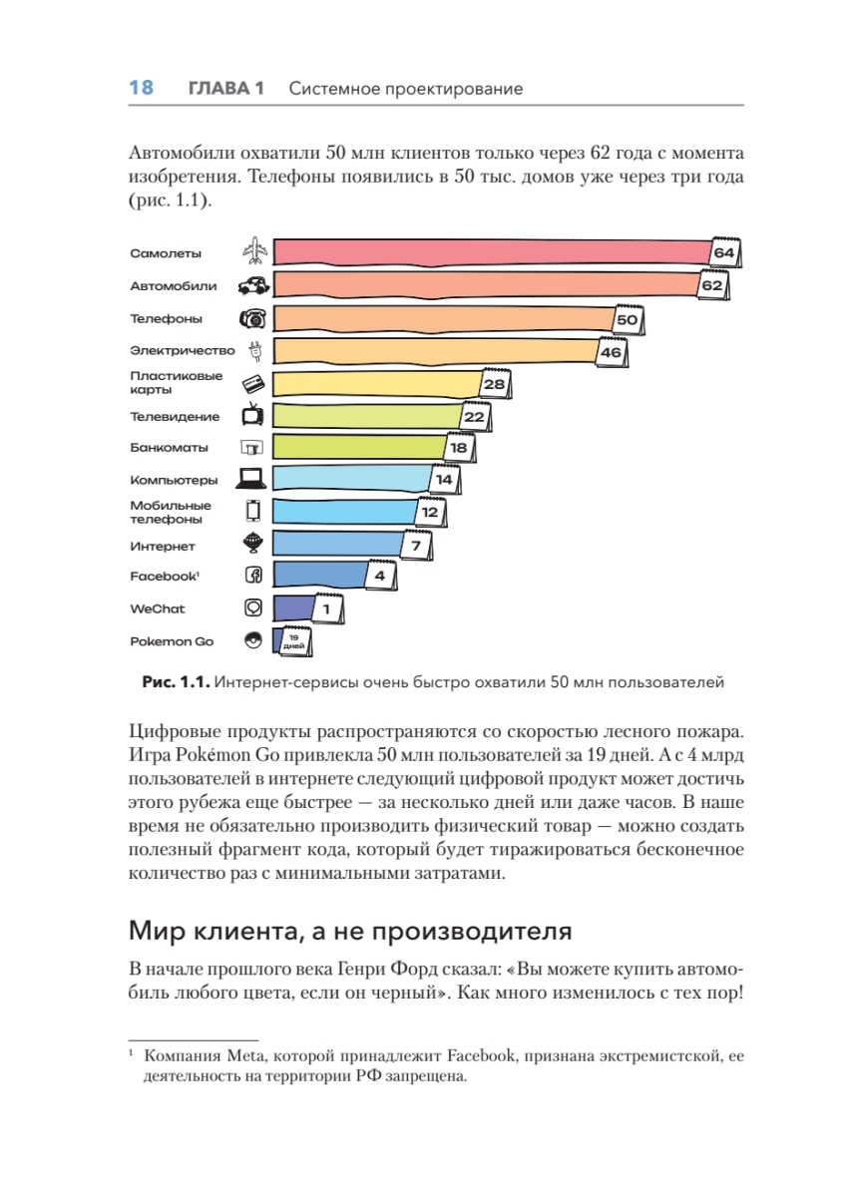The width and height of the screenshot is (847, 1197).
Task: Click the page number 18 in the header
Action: pyautogui.click(x=141, y=89)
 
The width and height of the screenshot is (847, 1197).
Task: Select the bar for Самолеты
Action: pyautogui.click(x=489, y=253)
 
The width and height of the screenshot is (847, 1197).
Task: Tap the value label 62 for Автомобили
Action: pyautogui.click(x=711, y=285)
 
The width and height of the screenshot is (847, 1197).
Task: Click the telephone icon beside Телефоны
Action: pyautogui.click(x=253, y=319)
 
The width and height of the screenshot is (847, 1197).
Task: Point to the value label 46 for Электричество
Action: pyautogui.click(x=611, y=352)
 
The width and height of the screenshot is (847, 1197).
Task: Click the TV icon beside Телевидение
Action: pyautogui.click(x=253, y=416)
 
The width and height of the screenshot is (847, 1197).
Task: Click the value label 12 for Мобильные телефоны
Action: pyautogui.click(x=430, y=512)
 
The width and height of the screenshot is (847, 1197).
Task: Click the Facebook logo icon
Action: pyautogui.click(x=253, y=576)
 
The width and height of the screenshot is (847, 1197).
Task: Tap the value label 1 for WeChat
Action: pyautogui.click(x=327, y=607)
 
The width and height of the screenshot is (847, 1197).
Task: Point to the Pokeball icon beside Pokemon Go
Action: pyautogui.click(x=252, y=640)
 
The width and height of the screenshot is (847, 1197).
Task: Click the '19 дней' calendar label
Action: pyautogui.click(x=294, y=641)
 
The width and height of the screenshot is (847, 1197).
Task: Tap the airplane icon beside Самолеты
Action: pyautogui.click(x=254, y=252)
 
